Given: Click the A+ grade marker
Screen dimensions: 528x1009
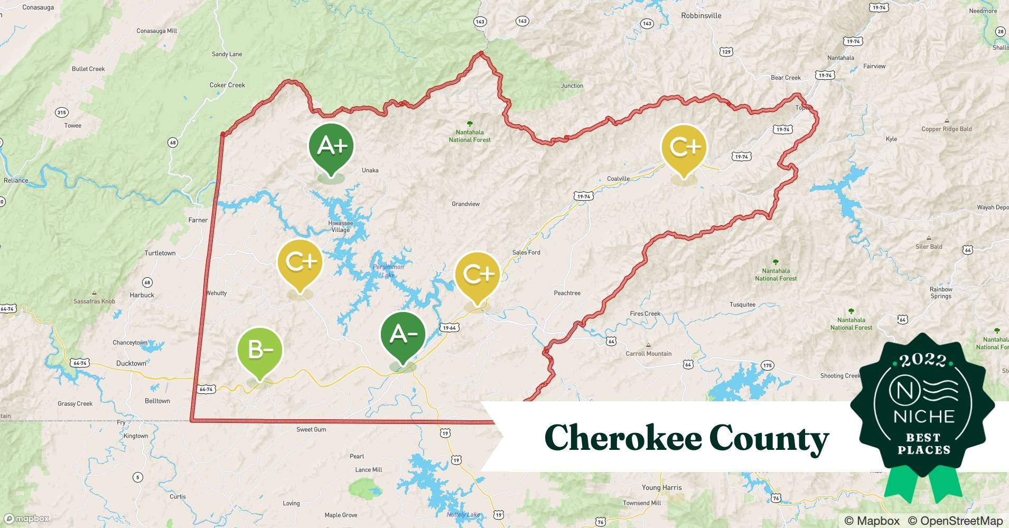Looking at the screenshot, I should coord(331,146).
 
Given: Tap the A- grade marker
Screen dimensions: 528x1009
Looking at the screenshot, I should coord(403,335).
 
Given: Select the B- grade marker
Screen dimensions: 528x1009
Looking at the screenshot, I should coord(260,350).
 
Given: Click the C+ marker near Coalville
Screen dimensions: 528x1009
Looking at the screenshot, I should coord(685,147).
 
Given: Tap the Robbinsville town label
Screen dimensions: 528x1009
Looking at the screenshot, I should coord(700,16).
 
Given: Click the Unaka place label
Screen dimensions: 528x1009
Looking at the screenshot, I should coord(370,170).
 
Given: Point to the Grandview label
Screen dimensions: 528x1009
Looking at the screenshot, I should coord(465,204).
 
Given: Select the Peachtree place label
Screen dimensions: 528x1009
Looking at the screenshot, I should coord(567,293).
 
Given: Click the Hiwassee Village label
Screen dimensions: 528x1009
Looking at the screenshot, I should coord(341,226).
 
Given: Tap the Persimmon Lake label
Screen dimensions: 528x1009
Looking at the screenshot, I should coord(388,271).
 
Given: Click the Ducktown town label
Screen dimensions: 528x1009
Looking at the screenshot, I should coord(131,363).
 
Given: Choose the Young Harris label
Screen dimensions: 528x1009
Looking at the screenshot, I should coord(661,487).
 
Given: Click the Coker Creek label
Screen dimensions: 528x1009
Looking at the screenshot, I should coord(227,85).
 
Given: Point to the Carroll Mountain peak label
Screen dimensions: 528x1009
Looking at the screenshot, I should coord(648,354).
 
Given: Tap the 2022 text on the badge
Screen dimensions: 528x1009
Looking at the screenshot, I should coord(923,361).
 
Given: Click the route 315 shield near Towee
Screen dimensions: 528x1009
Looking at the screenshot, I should coord(61,112).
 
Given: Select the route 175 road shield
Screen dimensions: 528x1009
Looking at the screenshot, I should coord(767,365).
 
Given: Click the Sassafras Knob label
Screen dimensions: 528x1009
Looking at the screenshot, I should coord(94,301).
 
